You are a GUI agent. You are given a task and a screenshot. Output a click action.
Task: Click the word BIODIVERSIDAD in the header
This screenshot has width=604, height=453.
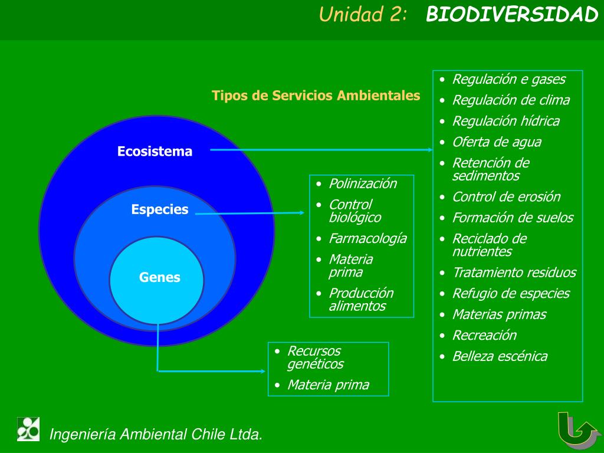pos(512,15)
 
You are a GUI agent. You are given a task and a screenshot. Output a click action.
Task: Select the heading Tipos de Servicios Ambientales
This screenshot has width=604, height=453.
pos(316,96)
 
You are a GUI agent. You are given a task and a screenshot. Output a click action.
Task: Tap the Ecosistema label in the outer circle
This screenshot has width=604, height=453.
pos(155,152)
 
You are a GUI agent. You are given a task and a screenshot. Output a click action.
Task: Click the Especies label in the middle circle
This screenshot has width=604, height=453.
pos(160,209)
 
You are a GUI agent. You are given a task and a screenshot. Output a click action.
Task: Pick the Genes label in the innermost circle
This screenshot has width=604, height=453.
pos(160,277)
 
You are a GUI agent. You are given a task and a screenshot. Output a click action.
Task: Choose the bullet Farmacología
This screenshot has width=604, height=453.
pos(367,238)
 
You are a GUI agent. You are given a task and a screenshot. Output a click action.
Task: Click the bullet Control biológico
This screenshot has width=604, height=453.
pos(354,211)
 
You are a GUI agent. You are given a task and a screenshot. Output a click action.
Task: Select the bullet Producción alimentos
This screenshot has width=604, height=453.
pos(360,300)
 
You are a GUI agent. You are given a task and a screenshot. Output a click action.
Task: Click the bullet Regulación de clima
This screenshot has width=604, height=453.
pos(511,100)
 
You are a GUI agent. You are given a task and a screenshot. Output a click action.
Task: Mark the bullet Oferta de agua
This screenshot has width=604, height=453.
pos(496,142)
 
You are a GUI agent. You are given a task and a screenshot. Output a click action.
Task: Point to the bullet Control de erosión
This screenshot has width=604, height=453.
pos(506,197)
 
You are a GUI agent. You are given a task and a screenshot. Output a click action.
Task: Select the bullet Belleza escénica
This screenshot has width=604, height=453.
pos(500,356)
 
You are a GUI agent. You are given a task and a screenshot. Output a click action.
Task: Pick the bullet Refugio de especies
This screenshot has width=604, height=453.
pos(511,294)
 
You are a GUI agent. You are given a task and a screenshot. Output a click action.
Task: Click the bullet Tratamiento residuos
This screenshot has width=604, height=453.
pos(514,273)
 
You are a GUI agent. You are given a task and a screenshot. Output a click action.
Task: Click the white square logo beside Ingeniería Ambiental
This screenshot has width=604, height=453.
pos(28,429)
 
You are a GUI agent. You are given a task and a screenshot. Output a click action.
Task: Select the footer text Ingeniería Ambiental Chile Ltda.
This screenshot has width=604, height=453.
pos(156,435)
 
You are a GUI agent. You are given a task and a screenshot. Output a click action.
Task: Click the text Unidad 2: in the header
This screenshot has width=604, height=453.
pos(363,15)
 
